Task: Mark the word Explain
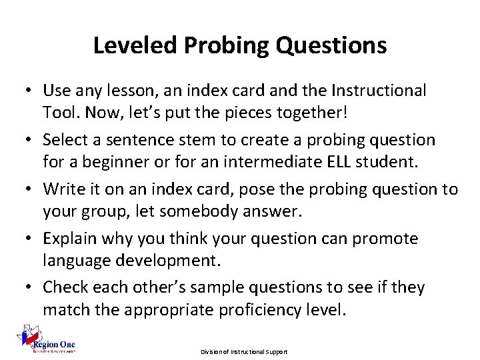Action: pyautogui.click(x=69, y=239)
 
